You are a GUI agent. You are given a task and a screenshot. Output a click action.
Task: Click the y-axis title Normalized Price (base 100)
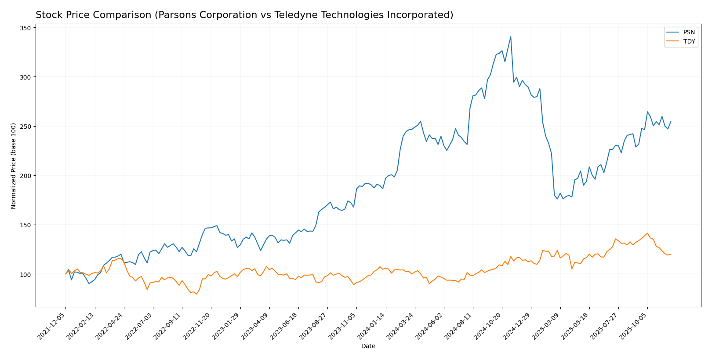(14, 166)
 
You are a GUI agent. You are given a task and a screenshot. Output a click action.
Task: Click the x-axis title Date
(368, 346)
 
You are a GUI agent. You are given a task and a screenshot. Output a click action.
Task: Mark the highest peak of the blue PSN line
(510, 36)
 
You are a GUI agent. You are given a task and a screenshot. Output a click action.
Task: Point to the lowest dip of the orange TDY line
(196, 294)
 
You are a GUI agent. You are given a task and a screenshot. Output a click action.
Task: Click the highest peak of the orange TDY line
(647, 233)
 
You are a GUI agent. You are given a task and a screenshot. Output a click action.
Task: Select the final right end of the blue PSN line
(671, 122)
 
